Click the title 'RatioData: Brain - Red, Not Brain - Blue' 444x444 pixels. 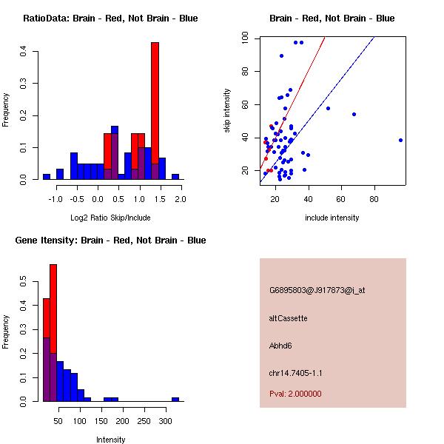(110, 18)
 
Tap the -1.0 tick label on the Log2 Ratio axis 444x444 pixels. (57, 199)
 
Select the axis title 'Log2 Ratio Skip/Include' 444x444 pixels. (111, 218)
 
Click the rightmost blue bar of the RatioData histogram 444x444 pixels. (175, 177)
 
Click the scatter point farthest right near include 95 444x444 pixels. (400, 140)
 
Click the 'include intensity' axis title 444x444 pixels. (332, 218)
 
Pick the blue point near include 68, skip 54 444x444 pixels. (354, 114)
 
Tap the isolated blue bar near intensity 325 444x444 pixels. (175, 399)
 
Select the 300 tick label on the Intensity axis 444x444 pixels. (164, 420)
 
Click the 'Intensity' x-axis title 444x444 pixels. (111, 440)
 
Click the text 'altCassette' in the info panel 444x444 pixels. (288, 318)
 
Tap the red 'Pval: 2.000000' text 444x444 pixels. (295, 394)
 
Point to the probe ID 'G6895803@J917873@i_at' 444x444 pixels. (317, 290)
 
